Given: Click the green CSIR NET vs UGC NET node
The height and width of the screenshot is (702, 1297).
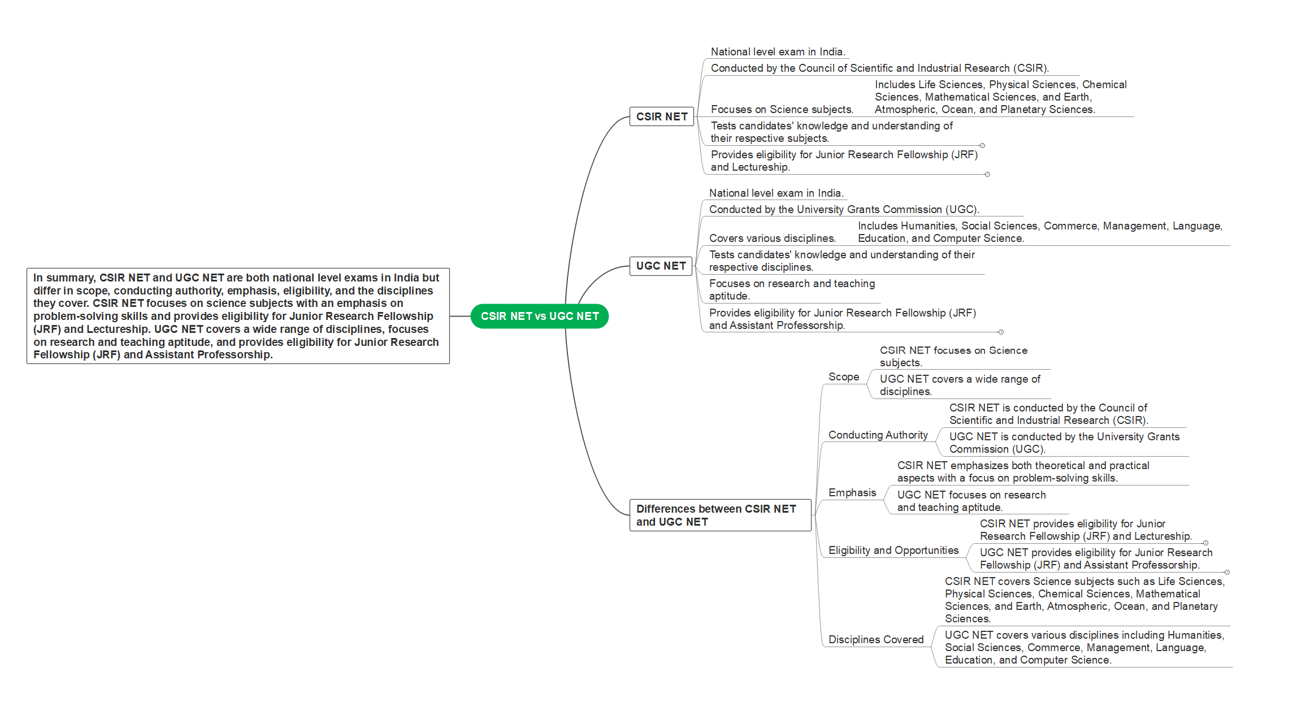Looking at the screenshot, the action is (x=539, y=316).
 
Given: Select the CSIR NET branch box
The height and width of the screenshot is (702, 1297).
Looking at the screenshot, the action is (x=662, y=116).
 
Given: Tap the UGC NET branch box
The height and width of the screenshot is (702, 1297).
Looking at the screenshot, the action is (x=661, y=266).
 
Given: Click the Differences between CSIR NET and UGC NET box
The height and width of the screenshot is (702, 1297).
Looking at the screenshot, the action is (x=721, y=515).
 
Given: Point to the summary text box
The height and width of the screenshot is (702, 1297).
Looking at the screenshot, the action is (x=238, y=316).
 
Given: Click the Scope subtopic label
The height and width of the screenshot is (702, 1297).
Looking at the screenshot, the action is (x=844, y=376).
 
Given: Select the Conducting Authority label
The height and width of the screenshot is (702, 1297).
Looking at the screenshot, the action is (x=878, y=435).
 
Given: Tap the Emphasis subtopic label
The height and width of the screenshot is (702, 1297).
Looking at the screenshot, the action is (x=852, y=492).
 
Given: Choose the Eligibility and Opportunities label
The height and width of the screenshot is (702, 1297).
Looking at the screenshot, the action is (x=893, y=550).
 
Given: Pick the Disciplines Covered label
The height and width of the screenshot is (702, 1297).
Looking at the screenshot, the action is (x=876, y=639).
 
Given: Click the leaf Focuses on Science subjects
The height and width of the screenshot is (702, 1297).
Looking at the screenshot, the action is (x=782, y=109).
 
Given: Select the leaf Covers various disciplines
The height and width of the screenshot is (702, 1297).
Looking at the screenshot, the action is (x=773, y=238).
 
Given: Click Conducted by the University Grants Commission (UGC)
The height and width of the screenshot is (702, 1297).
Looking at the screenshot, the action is (x=844, y=209).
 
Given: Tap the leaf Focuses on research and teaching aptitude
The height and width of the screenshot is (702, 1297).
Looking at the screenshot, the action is (x=792, y=289).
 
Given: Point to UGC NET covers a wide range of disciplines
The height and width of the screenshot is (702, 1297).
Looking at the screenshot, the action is (x=960, y=385).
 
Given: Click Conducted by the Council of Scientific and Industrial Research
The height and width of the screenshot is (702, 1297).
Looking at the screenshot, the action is (x=879, y=68).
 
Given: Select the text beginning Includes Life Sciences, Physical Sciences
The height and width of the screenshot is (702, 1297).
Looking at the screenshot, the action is (x=1000, y=97).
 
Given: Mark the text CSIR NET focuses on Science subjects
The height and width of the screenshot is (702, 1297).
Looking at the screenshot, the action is (x=953, y=356).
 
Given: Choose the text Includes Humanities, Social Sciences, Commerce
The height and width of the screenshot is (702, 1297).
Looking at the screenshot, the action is (x=1040, y=232).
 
